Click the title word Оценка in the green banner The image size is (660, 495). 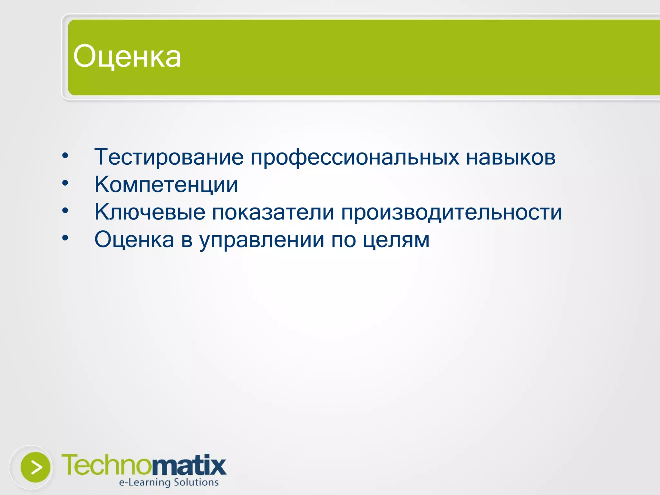click(127, 57)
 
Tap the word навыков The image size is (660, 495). click(511, 157)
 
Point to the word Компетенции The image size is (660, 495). click(166, 185)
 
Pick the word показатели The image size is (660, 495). click(273, 213)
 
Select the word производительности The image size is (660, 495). click(451, 213)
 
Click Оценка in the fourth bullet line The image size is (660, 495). click(134, 240)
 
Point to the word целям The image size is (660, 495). click(396, 240)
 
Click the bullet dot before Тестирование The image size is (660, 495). click(65, 156)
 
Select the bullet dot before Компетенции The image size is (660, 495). click(65, 183)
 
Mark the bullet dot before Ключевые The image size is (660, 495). click(65, 211)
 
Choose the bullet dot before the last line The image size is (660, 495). click(65, 238)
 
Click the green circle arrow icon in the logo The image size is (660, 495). click(35, 467)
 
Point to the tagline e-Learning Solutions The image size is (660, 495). click(169, 482)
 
